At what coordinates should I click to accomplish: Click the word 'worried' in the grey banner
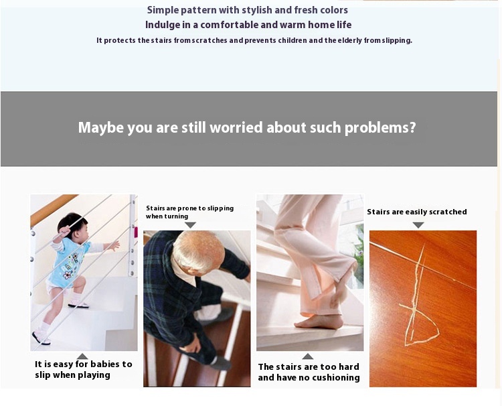tap(236, 127)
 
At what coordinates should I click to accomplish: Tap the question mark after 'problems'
tap(412, 127)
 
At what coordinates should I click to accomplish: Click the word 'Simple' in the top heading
tap(163, 10)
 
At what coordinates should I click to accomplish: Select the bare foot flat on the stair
tap(319, 322)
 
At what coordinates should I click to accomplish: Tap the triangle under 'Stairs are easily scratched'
tap(418, 225)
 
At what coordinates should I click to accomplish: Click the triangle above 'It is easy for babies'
tap(82, 356)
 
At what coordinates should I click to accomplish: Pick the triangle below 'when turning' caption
tap(190, 225)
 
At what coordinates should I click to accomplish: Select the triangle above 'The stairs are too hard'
tap(308, 356)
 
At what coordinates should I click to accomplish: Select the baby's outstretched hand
tap(114, 246)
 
